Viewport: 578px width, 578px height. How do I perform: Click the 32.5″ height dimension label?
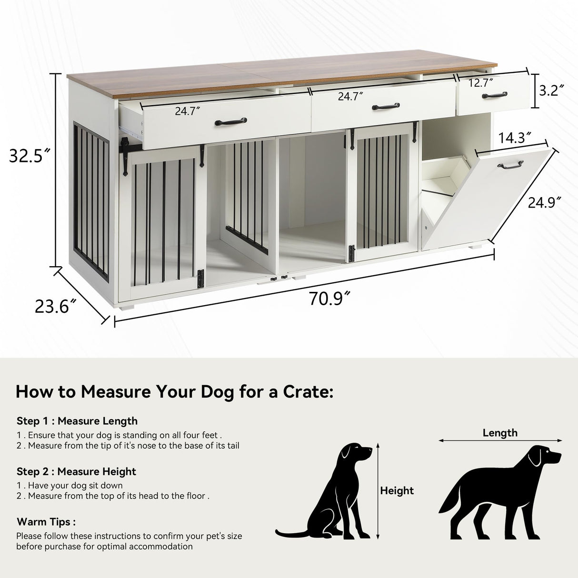[x=30, y=156]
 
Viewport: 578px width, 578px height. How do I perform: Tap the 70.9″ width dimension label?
[x=329, y=299]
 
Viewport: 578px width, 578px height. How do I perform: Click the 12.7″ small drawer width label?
[x=481, y=83]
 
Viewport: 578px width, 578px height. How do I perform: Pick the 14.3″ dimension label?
[x=515, y=138]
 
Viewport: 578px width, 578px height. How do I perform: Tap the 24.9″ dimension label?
[x=541, y=203]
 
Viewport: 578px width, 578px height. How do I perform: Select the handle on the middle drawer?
[x=386, y=107]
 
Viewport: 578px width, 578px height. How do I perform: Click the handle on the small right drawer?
[x=494, y=95]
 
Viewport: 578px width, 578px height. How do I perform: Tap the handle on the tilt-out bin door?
[x=510, y=165]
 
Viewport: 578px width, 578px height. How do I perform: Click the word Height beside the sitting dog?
[x=397, y=491]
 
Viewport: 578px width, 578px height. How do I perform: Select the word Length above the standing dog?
[x=500, y=433]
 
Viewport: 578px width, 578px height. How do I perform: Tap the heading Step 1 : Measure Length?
[x=77, y=421]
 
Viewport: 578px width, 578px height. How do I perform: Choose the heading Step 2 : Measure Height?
[x=76, y=471]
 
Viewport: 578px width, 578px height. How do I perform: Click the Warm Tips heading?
[x=46, y=522]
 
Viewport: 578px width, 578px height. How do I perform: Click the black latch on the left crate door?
[x=201, y=278]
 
